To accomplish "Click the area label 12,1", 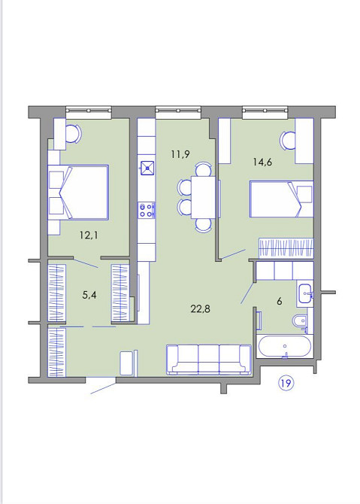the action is pyautogui.click(x=89, y=235).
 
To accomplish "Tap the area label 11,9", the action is pyautogui.click(x=180, y=154).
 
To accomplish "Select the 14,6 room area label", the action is pyautogui.click(x=262, y=162).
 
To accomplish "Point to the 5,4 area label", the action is pyautogui.click(x=89, y=295).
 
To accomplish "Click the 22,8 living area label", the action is pyautogui.click(x=200, y=309).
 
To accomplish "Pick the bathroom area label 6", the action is pyautogui.click(x=279, y=302).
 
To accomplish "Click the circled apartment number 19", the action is pyautogui.click(x=286, y=383).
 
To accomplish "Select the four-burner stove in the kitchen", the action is pyautogui.click(x=147, y=211).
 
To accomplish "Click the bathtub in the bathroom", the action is pyautogui.click(x=285, y=347).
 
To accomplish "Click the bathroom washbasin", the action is pyautogui.click(x=305, y=293).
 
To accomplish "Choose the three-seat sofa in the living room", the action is pyautogui.click(x=209, y=360).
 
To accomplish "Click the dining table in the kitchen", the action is pyautogui.click(x=203, y=197).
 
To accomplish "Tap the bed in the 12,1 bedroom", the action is pyautogui.click(x=78, y=193).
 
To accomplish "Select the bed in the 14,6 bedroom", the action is pyautogui.click(x=282, y=199).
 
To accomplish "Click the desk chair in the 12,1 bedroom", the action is pyautogui.click(x=74, y=134).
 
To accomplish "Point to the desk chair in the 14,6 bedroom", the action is pyautogui.click(x=288, y=141).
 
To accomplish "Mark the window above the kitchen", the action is pyautogui.click(x=178, y=111).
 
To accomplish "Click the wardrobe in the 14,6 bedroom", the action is pyautogui.click(x=286, y=248).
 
